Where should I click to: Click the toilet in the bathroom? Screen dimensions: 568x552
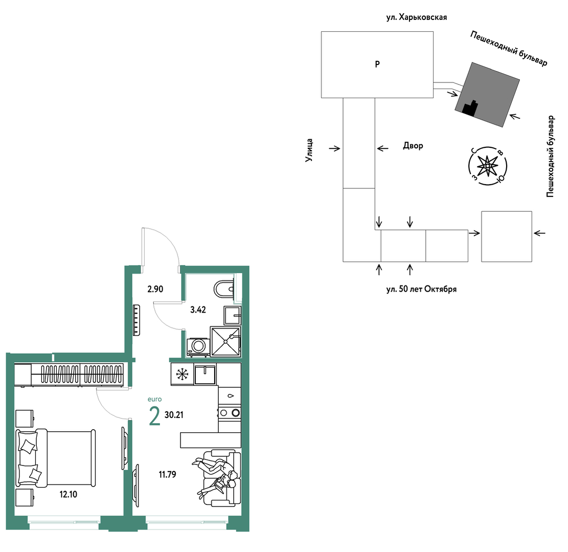[224, 289]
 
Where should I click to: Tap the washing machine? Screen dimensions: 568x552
[198, 347]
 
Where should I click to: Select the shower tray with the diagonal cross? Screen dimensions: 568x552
[225, 341]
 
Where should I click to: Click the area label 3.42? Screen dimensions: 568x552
[198, 310]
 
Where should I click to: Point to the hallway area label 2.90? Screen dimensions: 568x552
[155, 289]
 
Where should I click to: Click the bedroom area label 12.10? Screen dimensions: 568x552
[69, 494]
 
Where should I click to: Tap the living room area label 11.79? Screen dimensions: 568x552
[167, 474]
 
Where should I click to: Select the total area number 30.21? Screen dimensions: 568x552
[174, 414]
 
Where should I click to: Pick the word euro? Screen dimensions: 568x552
[155, 399]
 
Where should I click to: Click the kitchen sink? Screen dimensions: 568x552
[205, 374]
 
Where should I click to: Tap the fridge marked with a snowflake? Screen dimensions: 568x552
[182, 374]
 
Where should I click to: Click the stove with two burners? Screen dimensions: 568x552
[230, 412]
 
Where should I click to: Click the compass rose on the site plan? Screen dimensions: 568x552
[488, 166]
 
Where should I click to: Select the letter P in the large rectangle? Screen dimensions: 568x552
[377, 64]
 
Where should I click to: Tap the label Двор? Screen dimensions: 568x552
[413, 146]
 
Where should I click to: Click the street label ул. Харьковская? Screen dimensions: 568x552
[417, 17]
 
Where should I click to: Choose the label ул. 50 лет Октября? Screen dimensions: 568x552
[421, 289]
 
